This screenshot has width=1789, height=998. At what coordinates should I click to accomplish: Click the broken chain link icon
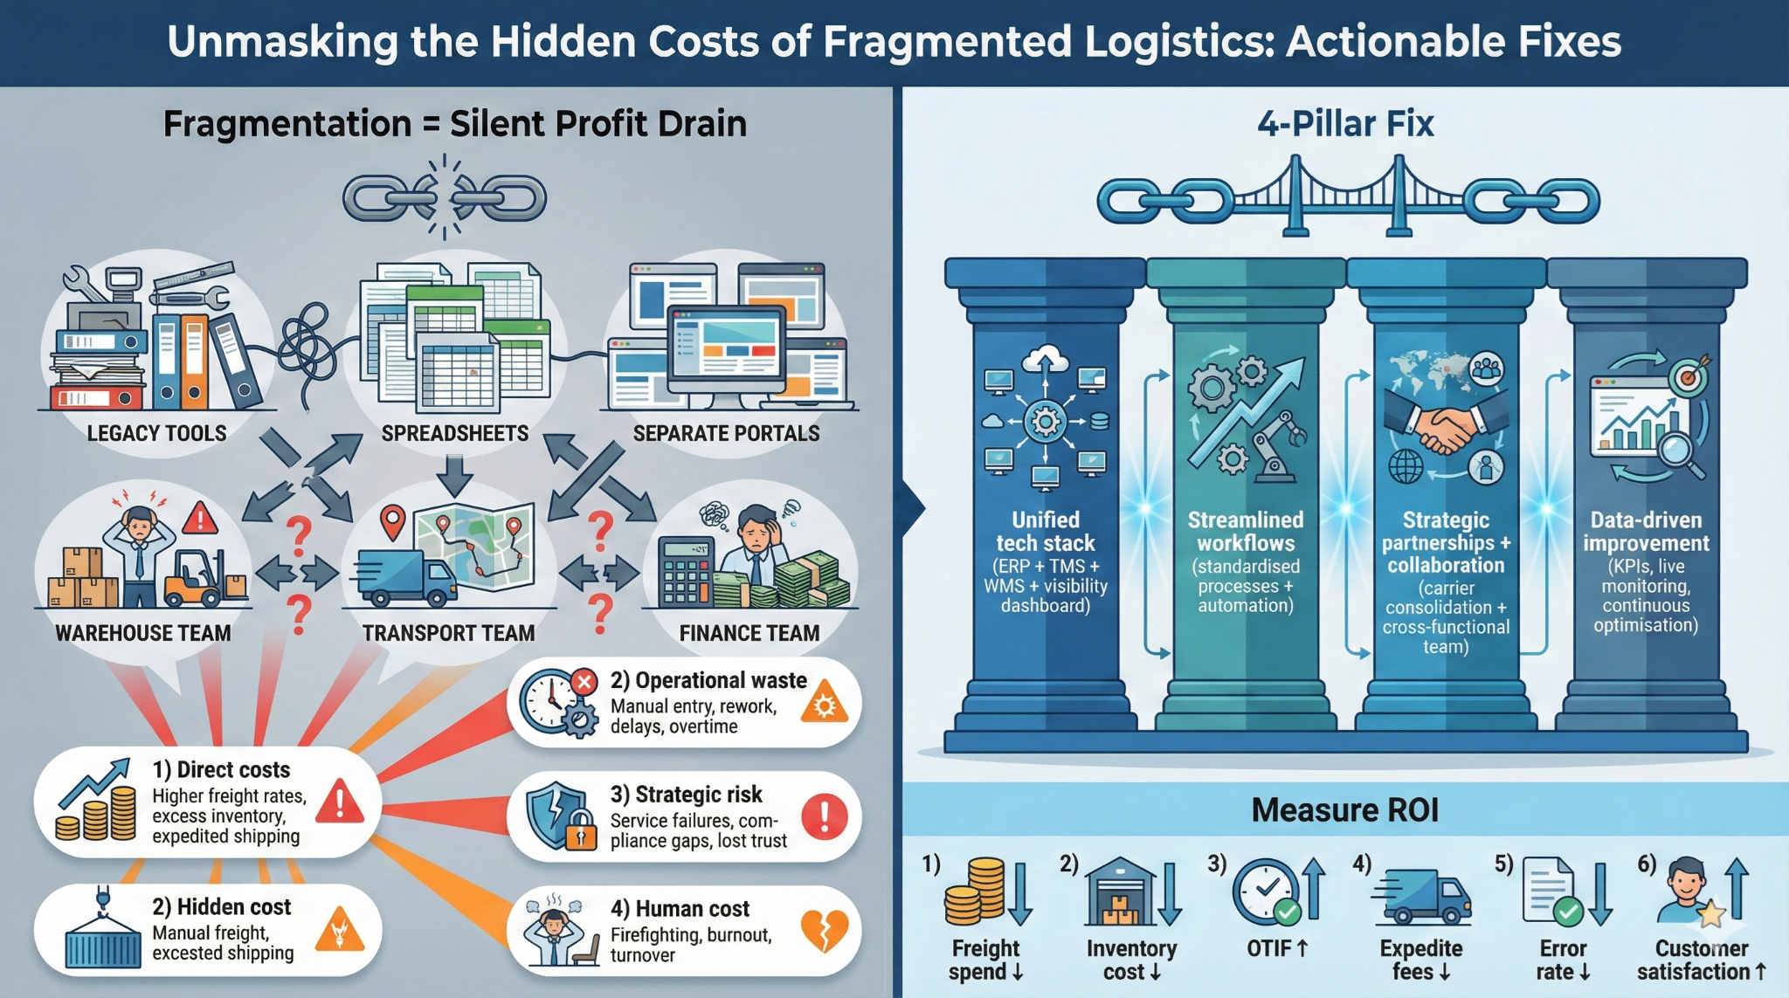[x=445, y=197]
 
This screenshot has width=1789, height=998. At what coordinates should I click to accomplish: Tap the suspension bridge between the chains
[x=1347, y=196]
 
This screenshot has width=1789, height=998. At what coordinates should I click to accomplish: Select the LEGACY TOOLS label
[x=156, y=433]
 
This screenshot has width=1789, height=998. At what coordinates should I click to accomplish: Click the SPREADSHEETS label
[x=454, y=433]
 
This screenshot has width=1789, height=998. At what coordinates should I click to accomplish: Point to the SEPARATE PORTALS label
[x=726, y=433]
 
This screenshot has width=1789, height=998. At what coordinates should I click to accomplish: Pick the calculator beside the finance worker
[x=686, y=572]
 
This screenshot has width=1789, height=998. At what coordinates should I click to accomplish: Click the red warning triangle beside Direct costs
[x=339, y=802]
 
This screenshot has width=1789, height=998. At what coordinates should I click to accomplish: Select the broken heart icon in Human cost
[x=824, y=931]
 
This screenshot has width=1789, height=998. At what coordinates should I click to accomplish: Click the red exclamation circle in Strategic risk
[x=824, y=817]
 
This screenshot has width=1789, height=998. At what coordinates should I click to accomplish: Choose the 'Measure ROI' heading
[x=1344, y=810]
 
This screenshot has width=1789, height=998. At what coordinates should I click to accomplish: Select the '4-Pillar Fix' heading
[x=1345, y=124]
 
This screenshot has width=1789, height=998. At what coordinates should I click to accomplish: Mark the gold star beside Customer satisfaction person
[x=1710, y=913]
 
